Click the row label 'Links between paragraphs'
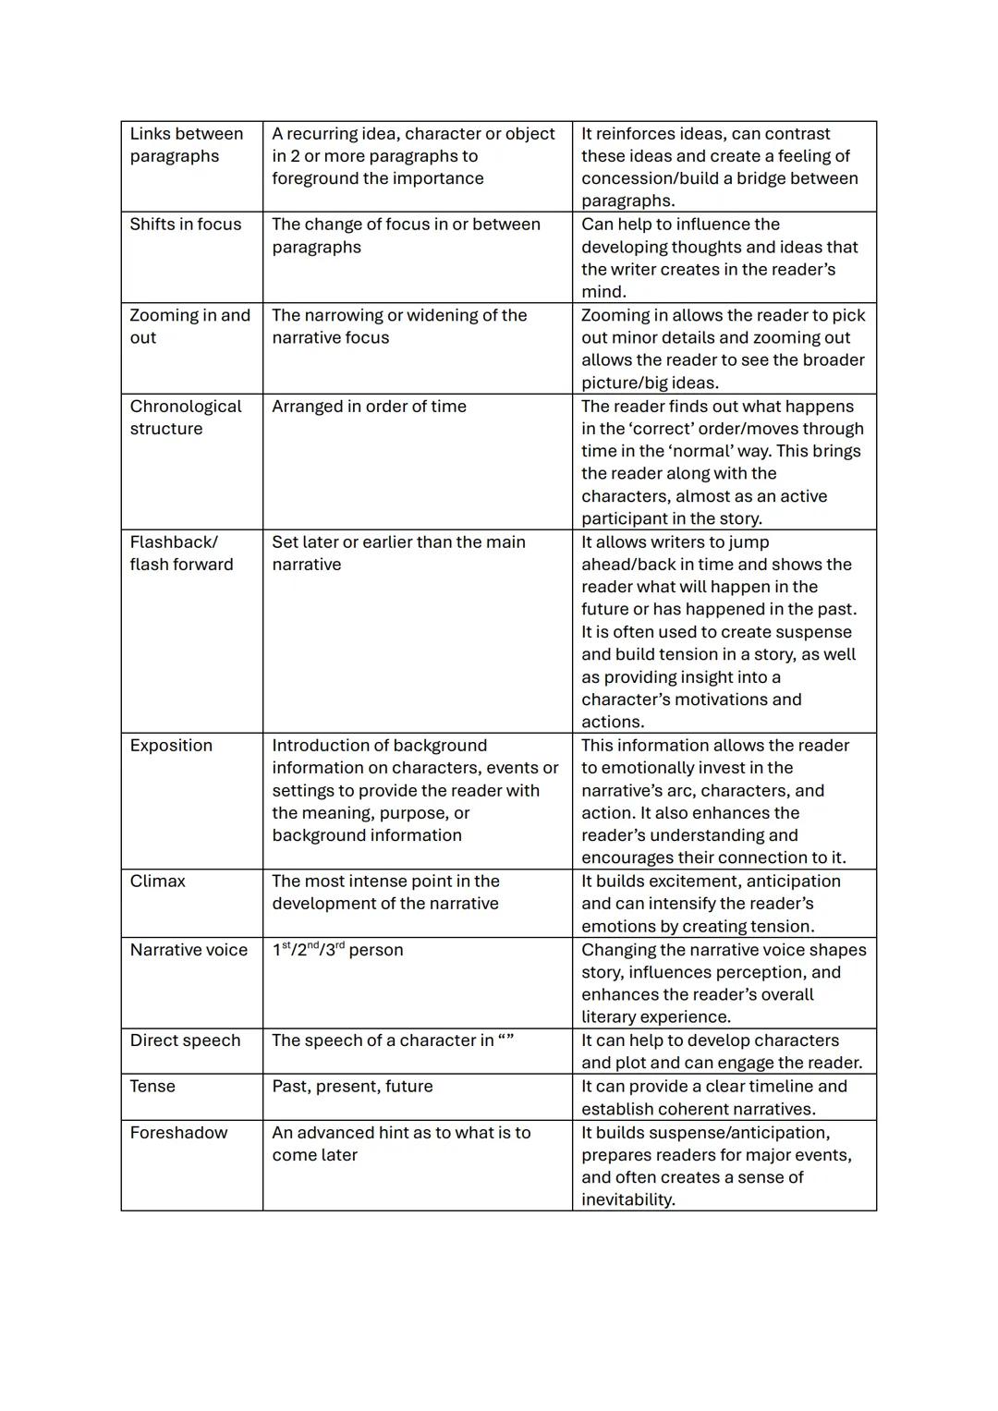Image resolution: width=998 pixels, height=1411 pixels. [186, 145]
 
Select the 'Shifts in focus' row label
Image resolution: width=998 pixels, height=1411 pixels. [185, 225]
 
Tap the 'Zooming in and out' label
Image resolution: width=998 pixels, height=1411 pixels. [189, 326]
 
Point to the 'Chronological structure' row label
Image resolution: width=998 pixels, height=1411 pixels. [185, 418]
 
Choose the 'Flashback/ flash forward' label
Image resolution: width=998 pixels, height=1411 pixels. [181, 553]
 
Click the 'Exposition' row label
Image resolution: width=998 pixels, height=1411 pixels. [171, 746]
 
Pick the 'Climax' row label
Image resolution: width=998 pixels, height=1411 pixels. [157, 882]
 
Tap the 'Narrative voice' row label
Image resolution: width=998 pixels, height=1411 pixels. [189, 950]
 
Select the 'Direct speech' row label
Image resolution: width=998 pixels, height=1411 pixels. [185, 1040]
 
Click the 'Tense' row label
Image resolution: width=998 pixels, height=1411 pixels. [152, 1087]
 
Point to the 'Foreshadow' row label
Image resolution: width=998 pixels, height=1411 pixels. [178, 1133]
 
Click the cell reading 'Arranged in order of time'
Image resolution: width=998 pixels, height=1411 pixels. [369, 407]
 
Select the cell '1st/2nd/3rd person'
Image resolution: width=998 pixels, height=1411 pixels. [337, 950]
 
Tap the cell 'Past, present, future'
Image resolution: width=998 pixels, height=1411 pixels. [352, 1087]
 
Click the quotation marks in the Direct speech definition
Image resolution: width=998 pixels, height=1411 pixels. [505, 1040]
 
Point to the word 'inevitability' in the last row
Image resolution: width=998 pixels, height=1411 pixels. [627, 1200]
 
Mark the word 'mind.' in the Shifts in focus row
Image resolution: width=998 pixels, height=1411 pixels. [603, 292]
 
